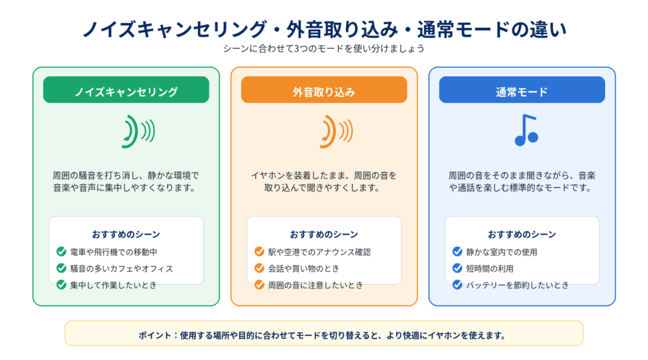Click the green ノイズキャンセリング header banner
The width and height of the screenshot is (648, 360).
tap(126, 90)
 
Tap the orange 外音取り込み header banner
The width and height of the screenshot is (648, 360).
tap(324, 90)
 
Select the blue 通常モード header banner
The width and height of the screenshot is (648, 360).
tap(522, 90)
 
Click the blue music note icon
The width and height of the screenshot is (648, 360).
tap(526, 130)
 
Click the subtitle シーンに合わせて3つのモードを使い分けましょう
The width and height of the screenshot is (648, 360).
tap(324, 49)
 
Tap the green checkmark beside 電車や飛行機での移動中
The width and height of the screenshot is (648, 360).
tap(61, 252)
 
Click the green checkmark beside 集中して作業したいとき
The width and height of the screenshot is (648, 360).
tap(61, 285)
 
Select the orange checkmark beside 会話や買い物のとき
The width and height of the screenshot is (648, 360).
tap(259, 268)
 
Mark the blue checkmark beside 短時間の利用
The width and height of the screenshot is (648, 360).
tap(457, 268)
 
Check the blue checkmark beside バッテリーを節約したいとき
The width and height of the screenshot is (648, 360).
tap(457, 285)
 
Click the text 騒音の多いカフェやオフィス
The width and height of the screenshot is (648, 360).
tap(121, 269)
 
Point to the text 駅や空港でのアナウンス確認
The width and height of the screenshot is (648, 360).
tap(320, 252)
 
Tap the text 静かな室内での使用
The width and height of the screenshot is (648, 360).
tap(502, 252)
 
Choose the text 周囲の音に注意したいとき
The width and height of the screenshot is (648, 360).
tap(315, 285)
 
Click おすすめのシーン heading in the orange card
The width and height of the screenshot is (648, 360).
tap(324, 234)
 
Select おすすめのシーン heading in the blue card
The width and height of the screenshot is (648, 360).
tap(522, 234)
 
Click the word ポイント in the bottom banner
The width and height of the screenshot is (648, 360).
tap(155, 335)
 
